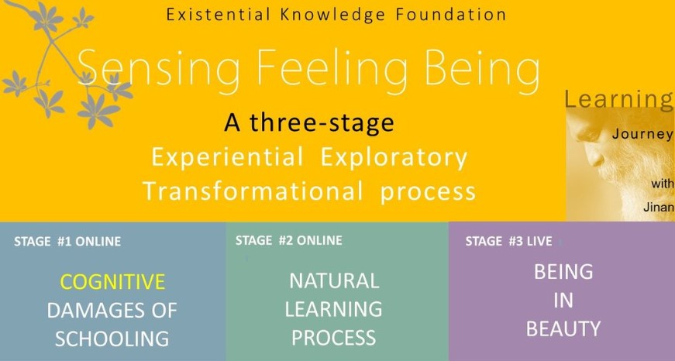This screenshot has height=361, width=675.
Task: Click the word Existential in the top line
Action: (219, 14)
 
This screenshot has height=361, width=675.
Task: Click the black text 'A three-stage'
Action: (308, 122)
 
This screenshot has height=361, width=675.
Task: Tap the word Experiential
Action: (227, 157)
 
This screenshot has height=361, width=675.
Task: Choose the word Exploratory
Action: (394, 157)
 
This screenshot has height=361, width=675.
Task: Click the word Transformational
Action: (253, 191)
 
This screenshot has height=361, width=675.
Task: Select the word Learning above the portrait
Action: (618, 100)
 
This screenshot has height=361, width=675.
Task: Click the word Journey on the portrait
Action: (642, 134)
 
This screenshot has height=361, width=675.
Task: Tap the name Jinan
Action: (658, 207)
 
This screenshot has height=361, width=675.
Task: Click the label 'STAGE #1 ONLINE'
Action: (67, 242)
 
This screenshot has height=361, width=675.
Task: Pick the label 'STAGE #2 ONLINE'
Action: (289, 240)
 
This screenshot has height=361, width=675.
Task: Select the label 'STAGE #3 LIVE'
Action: (508, 241)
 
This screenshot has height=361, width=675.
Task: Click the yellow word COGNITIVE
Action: (112, 282)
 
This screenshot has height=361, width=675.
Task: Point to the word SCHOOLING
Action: (112, 339)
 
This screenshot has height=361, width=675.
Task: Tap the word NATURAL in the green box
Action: (334, 281)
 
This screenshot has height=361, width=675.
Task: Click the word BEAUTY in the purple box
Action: (563, 329)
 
